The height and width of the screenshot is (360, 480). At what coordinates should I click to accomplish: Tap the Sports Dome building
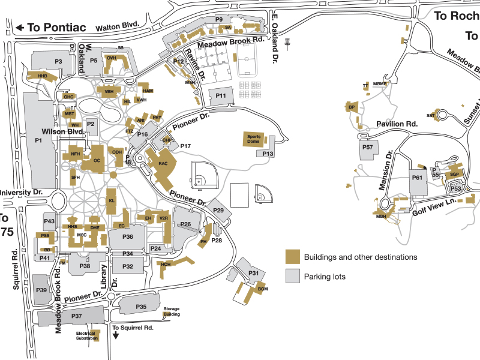[254, 139]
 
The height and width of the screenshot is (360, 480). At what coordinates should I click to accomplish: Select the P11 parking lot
[221, 96]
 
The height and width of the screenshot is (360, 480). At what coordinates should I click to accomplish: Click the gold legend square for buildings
[292, 257]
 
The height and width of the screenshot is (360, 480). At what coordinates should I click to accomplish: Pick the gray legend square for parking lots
[292, 276]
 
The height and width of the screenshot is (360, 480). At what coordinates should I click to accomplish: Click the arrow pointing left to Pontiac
[20, 27]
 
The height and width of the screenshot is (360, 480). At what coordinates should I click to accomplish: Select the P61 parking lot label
[418, 178]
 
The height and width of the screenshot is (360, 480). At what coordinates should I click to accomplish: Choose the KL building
[112, 200]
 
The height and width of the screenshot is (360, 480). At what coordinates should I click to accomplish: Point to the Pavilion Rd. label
[397, 124]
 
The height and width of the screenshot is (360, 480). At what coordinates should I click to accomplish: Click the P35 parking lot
[141, 307]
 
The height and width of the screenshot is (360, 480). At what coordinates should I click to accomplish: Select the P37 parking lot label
[76, 316]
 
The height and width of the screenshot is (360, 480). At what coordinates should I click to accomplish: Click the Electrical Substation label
[86, 335]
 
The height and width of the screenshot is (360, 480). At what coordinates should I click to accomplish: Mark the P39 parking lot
[41, 290]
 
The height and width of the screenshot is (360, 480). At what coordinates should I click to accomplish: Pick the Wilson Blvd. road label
[61, 131]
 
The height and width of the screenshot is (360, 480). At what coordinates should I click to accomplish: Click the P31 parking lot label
[253, 274]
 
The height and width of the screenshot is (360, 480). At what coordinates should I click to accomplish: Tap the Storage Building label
[172, 311]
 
